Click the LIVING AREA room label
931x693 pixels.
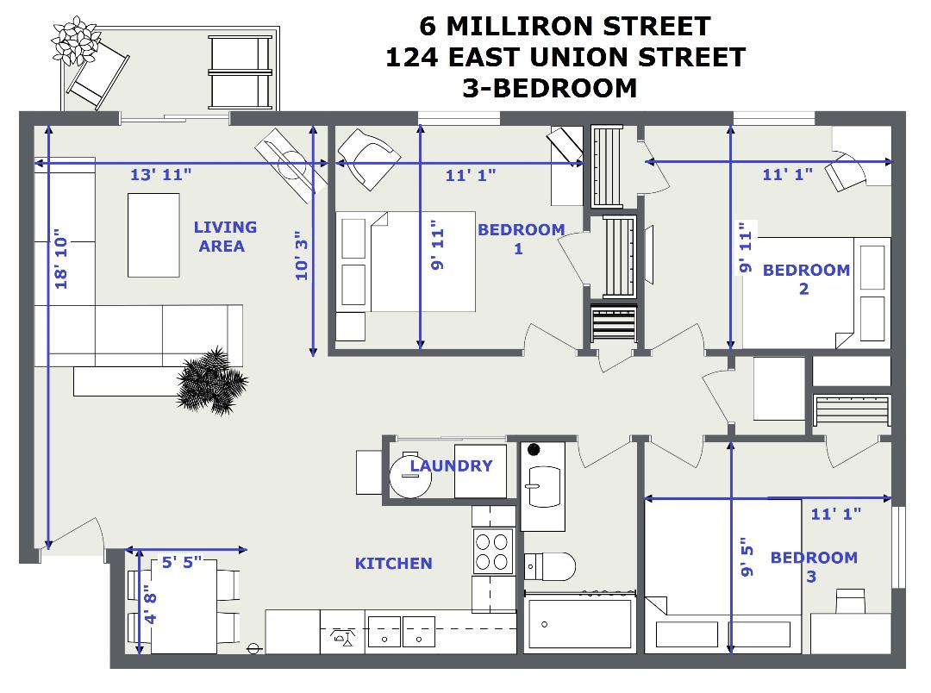pos(225,236)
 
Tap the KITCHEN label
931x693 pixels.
pos(394,563)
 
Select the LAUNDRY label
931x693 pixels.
pos(451,465)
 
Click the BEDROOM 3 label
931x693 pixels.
pos(814,566)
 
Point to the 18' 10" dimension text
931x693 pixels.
pos(61,259)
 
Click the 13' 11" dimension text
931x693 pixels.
pos(161,175)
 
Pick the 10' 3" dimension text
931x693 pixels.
pos(302,255)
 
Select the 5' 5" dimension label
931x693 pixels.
pos(182,562)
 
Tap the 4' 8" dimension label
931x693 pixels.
pos(150,604)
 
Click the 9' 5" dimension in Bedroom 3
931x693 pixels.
pos(747,557)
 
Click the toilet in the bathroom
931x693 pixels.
pos(550,566)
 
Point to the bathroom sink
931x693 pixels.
pos(544,487)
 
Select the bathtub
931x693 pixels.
pos(579,623)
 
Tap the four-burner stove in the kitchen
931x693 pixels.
pos(493,551)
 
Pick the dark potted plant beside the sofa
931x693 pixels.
pos(212,381)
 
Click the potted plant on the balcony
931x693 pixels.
pos(74,41)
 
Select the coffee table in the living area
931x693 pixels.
pos(153,235)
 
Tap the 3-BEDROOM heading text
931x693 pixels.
pos(550,89)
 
